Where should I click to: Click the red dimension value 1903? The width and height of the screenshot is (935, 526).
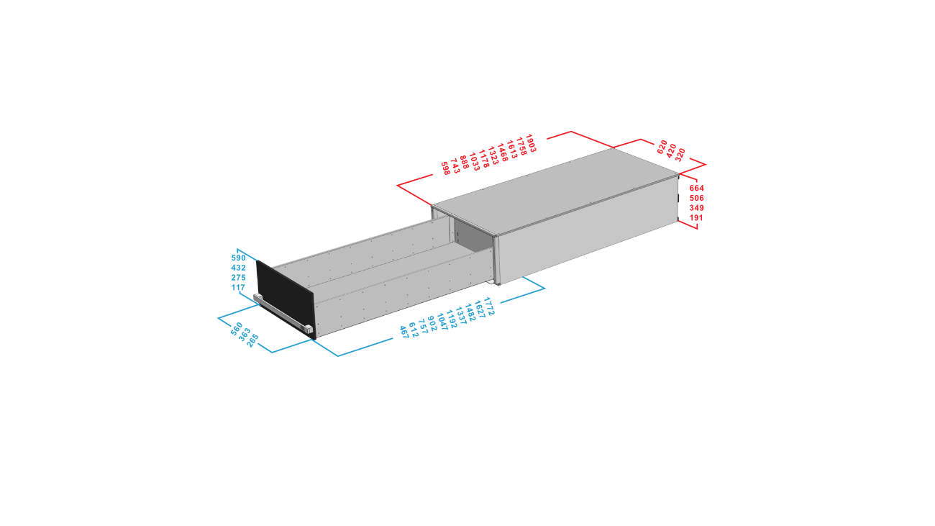click(x=530, y=143)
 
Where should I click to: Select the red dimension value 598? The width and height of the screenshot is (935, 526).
click(x=445, y=168)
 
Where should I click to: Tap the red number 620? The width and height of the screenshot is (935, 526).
click(x=662, y=147)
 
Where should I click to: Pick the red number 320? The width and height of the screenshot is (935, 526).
click(x=680, y=155)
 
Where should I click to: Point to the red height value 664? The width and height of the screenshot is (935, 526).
click(x=697, y=188)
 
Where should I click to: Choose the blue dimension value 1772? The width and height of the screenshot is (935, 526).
click(x=489, y=306)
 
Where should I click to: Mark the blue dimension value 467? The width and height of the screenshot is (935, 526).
click(x=404, y=332)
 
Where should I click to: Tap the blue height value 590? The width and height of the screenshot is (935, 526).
click(x=238, y=258)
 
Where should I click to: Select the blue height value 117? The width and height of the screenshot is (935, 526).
click(x=238, y=287)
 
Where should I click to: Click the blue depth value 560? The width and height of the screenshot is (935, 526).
click(x=236, y=328)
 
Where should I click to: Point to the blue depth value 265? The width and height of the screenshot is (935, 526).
click(x=252, y=340)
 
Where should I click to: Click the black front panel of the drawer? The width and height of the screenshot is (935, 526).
click(x=285, y=297)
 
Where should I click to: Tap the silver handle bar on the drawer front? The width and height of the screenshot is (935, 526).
click(x=283, y=314)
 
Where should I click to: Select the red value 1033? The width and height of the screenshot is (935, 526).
click(x=475, y=162)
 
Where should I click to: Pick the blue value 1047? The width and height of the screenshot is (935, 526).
click(x=442, y=322)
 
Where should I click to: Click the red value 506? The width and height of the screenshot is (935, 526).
click(x=697, y=198)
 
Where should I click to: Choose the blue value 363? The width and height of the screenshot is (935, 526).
click(x=245, y=335)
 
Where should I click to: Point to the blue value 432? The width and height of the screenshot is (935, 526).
click(x=238, y=268)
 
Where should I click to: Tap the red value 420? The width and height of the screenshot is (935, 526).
click(x=671, y=150)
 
